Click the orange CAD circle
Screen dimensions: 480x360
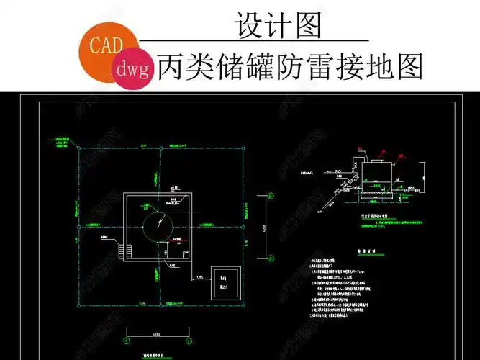(106, 45)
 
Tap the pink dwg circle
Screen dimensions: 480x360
(132, 69)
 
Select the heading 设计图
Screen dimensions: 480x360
(278, 26)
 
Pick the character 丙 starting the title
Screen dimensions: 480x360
(173, 68)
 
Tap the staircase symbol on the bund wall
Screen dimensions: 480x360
(117, 249)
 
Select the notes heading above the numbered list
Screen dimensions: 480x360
(374, 252)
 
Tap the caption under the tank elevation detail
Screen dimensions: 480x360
(375, 215)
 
